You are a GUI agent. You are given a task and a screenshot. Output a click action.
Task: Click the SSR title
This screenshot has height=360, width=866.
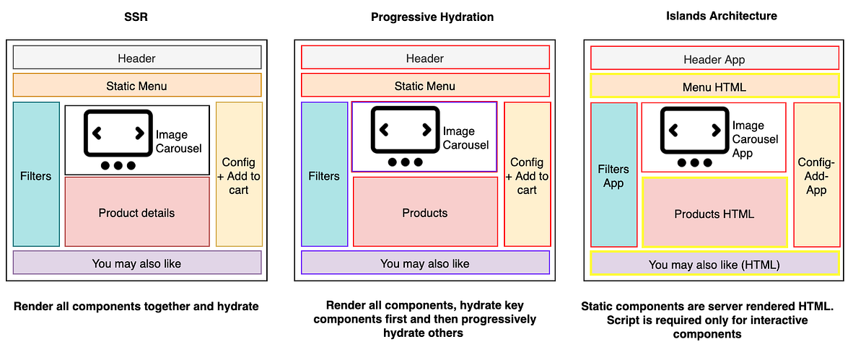click(136, 17)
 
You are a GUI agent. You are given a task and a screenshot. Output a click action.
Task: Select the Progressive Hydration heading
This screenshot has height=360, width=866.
click(432, 17)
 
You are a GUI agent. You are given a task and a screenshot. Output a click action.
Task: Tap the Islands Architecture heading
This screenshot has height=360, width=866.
click(722, 16)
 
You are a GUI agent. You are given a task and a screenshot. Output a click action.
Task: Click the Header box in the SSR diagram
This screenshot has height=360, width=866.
click(137, 58)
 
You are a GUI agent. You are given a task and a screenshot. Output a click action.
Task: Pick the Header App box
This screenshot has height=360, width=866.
click(714, 58)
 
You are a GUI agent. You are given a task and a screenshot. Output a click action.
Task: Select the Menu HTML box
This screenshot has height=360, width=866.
click(714, 86)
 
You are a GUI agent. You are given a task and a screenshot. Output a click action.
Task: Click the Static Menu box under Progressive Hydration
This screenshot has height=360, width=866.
click(425, 85)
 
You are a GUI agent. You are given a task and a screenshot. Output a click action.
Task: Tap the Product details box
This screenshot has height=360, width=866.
click(137, 212)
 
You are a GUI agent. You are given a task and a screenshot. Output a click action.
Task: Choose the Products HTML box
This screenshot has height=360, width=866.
click(714, 213)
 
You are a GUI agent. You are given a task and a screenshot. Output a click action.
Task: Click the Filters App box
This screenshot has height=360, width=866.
click(613, 175)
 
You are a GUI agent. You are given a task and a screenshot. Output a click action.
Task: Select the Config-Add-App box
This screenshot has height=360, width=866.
click(816, 175)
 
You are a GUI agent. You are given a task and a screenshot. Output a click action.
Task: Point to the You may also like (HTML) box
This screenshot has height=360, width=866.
click(714, 263)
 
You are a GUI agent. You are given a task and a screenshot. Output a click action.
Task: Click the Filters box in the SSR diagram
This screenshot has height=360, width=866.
click(36, 175)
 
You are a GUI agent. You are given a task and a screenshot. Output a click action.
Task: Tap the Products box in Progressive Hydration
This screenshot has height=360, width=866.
click(425, 212)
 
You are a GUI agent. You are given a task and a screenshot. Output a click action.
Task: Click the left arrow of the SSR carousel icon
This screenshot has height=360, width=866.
click(97, 133)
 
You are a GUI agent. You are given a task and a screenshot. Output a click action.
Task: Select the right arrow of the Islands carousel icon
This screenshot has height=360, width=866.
click(716, 131)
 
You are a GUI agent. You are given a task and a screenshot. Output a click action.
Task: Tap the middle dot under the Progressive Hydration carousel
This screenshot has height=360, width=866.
click(405, 162)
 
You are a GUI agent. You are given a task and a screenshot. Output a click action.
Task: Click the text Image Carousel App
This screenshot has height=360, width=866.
click(755, 139)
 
